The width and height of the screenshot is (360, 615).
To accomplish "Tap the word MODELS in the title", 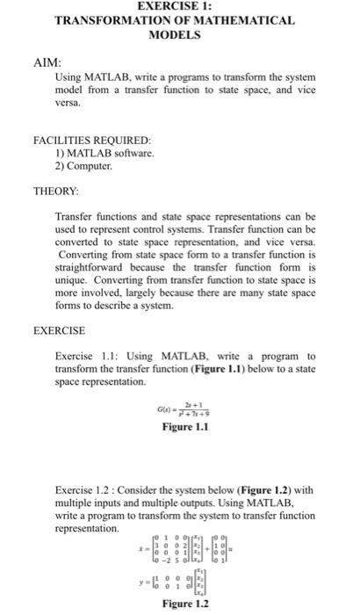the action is coord(180,36).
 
